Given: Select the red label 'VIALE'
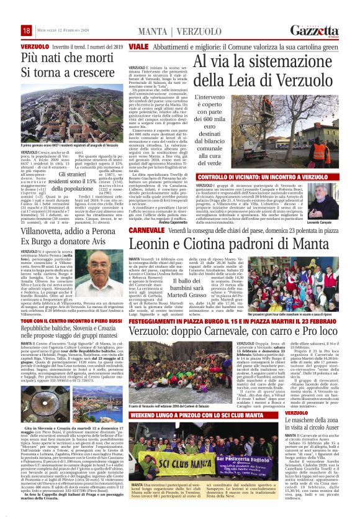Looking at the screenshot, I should pos(138,47).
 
